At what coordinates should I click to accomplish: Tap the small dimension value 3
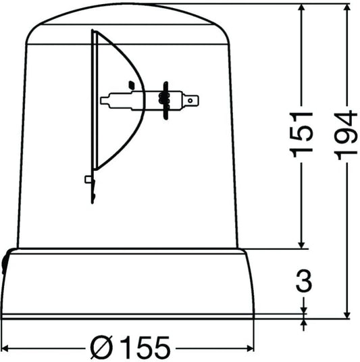click(x=303, y=280)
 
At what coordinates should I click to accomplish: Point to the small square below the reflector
click(x=88, y=179)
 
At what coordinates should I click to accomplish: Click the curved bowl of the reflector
click(x=122, y=101)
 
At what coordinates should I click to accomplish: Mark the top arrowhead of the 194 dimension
click(x=346, y=9)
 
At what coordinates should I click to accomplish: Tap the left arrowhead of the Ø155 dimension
click(x=7, y=348)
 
